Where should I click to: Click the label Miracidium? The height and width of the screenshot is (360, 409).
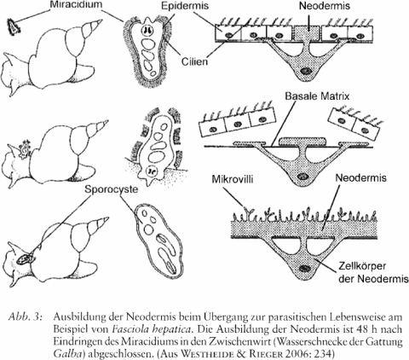click(x=75, y=5)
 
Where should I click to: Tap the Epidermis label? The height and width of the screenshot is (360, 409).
click(x=185, y=6)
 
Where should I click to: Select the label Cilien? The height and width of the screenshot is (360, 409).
click(x=194, y=61)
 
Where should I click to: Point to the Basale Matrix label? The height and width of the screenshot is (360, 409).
click(x=317, y=96)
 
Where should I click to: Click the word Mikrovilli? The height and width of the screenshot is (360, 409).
click(x=233, y=179)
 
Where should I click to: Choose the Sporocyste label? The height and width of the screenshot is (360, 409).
click(x=111, y=189)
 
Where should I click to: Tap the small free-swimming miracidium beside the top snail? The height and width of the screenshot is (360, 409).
click(x=13, y=26)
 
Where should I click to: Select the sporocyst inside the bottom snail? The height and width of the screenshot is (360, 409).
click(x=26, y=259)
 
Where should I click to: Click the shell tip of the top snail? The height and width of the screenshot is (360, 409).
click(x=101, y=21)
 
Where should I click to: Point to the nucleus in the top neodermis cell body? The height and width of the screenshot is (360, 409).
click(x=306, y=70)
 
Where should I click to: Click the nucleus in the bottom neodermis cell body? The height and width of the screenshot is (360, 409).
click(x=304, y=268)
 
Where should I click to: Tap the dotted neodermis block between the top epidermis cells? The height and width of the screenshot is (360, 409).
click(x=307, y=32)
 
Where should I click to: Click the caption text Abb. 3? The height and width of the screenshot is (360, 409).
click(x=26, y=317)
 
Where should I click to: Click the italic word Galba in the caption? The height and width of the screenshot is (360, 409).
click(x=68, y=354)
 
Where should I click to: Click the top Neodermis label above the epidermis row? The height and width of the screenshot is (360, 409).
click(x=325, y=6)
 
